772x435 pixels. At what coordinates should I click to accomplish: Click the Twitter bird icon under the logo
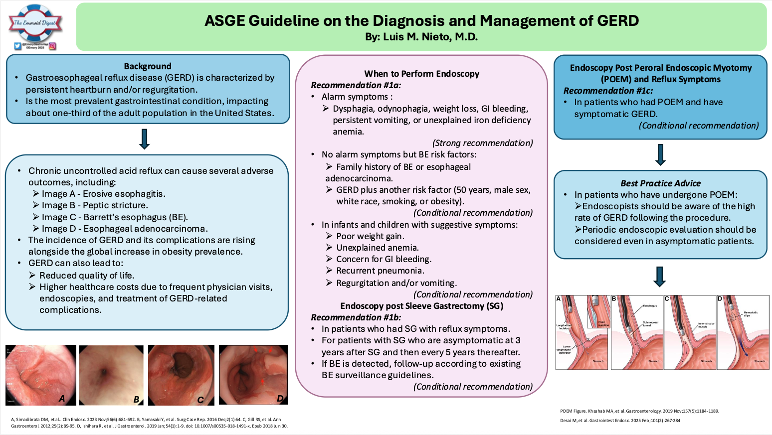point(17,46)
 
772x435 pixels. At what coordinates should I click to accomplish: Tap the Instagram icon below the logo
point(52,46)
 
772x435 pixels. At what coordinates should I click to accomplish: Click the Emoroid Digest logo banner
point(35,23)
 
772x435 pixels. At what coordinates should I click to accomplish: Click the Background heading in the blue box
point(148,66)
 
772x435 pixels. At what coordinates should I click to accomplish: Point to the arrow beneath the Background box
point(145,139)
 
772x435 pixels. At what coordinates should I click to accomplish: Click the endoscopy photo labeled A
point(41,375)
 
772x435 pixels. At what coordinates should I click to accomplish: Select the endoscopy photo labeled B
point(111,375)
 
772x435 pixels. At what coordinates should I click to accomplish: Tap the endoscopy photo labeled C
point(181,375)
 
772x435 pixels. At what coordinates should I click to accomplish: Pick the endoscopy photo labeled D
point(253,375)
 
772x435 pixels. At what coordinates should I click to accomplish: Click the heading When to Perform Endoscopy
point(421,74)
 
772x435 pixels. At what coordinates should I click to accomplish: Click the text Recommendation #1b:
point(356,317)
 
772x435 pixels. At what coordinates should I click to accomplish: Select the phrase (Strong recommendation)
point(482,143)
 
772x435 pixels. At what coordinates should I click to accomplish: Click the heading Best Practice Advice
point(660,183)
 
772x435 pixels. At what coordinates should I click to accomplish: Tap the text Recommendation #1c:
point(608,91)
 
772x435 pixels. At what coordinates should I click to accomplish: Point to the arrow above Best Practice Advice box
point(660,154)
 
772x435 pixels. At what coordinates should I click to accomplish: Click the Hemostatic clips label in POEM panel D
point(751,314)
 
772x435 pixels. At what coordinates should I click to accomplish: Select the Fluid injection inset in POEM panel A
point(598,311)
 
